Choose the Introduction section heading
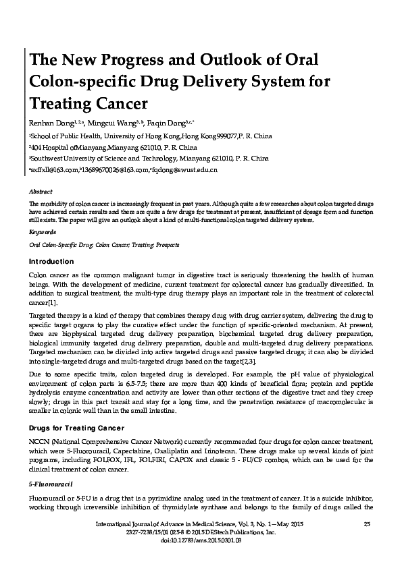tap(51, 261)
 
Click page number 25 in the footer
tap(367, 524)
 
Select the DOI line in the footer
tap(201, 540)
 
